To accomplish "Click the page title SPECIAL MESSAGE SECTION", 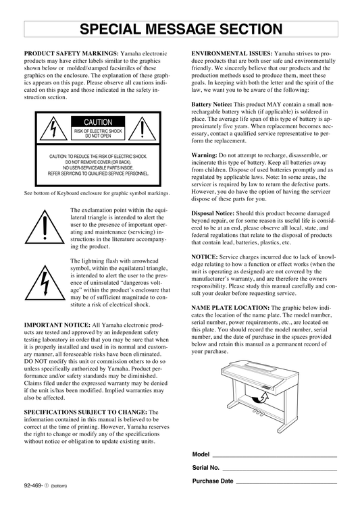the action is tap(181, 29).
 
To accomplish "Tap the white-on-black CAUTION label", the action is tap(98, 122).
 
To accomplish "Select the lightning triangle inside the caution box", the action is tap(53, 129).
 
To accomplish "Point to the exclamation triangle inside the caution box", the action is tap(143, 129).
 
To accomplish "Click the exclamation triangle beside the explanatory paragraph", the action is tap(45, 227).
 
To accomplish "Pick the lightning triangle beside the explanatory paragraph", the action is tap(45, 283).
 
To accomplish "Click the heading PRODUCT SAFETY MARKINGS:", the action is tap(72, 53).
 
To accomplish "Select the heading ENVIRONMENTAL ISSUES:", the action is tap(232, 53).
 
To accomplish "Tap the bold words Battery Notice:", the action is tap(211, 105).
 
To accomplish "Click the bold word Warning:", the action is tap(204, 155).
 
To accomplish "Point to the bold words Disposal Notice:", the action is tap(213, 213).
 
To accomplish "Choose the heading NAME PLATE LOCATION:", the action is tap(230, 307).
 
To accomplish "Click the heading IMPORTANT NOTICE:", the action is tap(57, 325).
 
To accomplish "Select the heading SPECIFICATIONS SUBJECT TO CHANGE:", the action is tap(86, 412).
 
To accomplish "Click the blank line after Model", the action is tap(274, 457).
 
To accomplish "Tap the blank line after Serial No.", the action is tap(280, 470).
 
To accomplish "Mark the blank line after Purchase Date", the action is tap(286, 483).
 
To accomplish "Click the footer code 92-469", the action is tap(34, 485).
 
